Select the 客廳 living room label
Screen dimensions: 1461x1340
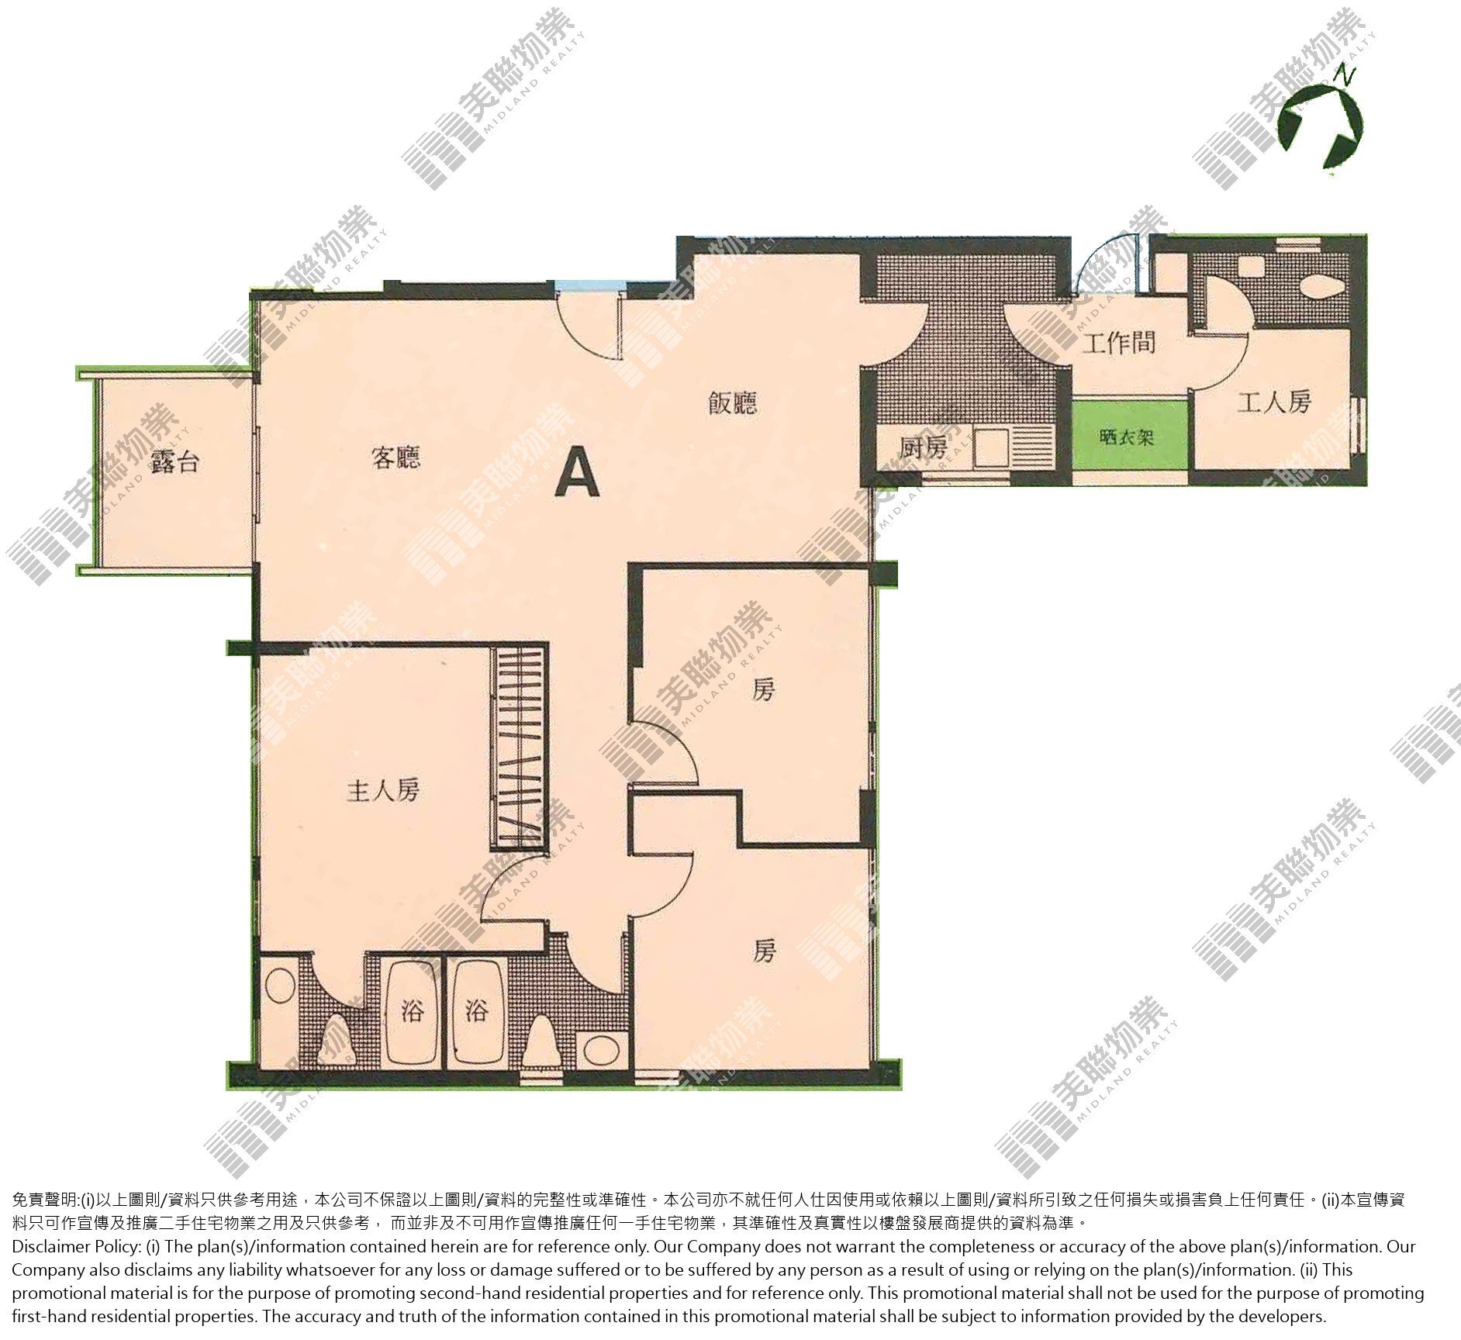[395, 458]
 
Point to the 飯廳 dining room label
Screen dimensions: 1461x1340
[732, 403]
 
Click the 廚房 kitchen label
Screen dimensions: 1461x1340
[923, 447]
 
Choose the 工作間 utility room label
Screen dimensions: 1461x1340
[1118, 342]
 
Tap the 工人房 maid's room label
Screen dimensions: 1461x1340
[1274, 402]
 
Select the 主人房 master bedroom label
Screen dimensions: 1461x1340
[383, 791]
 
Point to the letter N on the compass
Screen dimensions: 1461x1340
[1345, 75]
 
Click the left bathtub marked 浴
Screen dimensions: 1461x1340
[411, 1013]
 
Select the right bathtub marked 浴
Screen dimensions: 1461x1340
[478, 1013]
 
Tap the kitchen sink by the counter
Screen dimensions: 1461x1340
[991, 447]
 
